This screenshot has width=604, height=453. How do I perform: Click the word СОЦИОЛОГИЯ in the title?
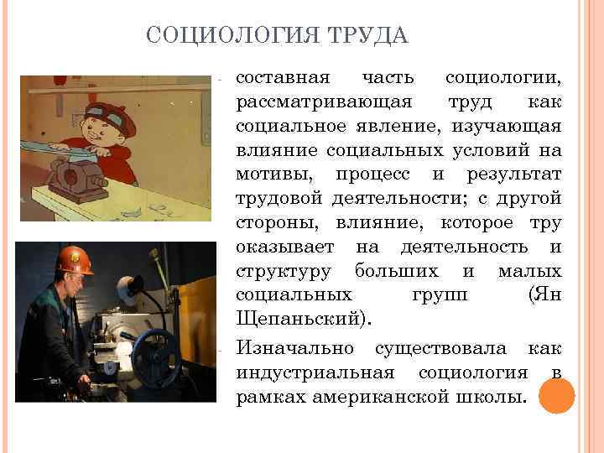click(x=220, y=36)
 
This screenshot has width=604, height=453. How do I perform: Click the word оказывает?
click(x=284, y=247)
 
